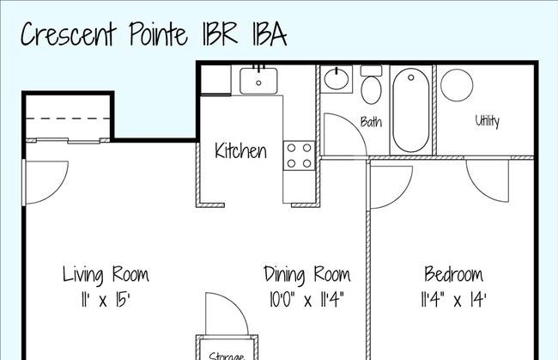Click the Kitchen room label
[x=240, y=150]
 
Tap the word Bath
[x=371, y=122]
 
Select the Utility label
[x=488, y=121]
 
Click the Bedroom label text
[x=454, y=274]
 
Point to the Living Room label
[x=106, y=275]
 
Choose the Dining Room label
[x=307, y=275]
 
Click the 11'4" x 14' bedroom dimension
[x=453, y=300]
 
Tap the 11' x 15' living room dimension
[x=105, y=300]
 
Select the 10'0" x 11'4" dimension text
[x=306, y=300]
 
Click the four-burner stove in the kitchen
[x=300, y=156]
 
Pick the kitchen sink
[x=258, y=81]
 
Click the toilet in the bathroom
[x=371, y=85]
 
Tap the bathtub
[x=411, y=110]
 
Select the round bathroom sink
[x=337, y=79]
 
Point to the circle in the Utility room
[x=457, y=85]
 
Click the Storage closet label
[x=227, y=356]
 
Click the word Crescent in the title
[x=69, y=34]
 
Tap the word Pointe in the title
[x=158, y=34]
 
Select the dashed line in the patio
[x=69, y=119]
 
